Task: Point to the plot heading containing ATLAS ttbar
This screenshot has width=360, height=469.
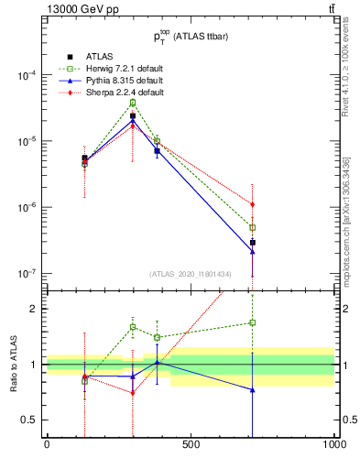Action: (x=191, y=36)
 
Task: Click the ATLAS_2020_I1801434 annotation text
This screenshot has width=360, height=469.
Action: (x=191, y=274)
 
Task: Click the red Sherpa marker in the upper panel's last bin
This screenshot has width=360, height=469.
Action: (x=252, y=204)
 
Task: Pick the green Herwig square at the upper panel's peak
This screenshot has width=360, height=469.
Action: (x=133, y=103)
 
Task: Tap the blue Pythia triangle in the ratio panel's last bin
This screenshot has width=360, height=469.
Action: (x=252, y=389)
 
